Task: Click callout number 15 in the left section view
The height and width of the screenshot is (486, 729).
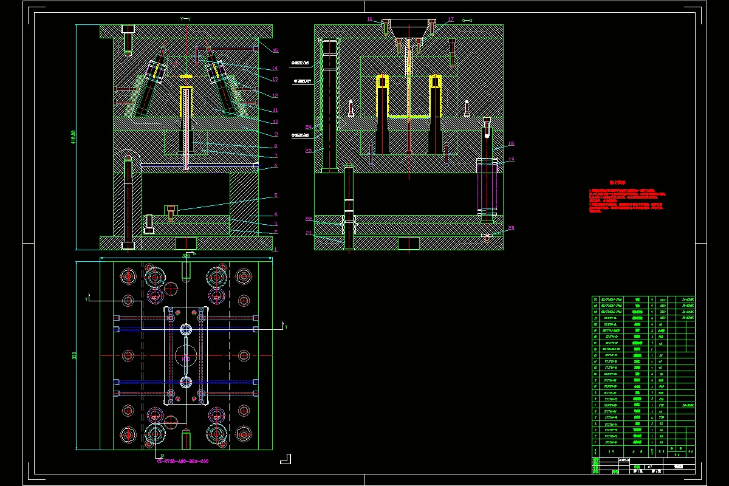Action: pos(276,50)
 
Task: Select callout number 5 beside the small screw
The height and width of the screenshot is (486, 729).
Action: pos(275,195)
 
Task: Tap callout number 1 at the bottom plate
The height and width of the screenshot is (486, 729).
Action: pos(275,249)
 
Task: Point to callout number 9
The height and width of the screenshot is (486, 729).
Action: pos(275,134)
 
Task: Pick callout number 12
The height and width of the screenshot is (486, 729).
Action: pos(275,95)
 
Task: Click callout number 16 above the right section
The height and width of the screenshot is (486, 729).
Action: pos(369,19)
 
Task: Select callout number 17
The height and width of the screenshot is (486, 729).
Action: pos(451,19)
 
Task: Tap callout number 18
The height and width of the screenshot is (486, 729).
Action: pos(511,144)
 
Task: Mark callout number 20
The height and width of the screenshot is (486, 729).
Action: pos(511,228)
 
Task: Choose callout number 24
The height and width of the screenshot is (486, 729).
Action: pos(309,127)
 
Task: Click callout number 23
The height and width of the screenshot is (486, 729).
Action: pos(309,150)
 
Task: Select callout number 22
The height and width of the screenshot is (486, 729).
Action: pos(309,218)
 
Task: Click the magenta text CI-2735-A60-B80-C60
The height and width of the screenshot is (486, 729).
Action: pos(183,462)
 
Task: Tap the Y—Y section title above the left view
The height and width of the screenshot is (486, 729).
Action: pos(186,19)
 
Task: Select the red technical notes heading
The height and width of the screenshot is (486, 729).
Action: pos(618,182)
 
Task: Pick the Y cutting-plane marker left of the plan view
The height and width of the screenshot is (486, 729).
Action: pos(87,299)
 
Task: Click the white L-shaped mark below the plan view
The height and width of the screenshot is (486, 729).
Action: pos(286,459)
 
